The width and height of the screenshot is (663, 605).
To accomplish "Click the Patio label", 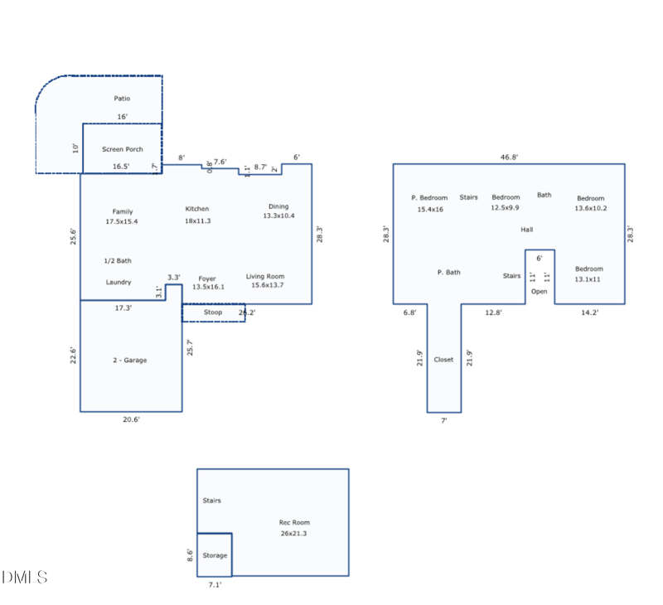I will pyautogui.click(x=122, y=99).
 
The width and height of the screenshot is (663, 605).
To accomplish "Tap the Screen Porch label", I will pyautogui.click(x=123, y=149).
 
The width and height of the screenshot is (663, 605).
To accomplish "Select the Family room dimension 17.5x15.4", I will pyautogui.click(x=122, y=222).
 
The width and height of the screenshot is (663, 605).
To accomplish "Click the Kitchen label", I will pyautogui.click(x=197, y=209).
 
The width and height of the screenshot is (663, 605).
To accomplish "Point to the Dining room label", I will pyautogui.click(x=278, y=206).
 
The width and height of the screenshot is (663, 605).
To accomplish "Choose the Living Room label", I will pyautogui.click(x=265, y=276).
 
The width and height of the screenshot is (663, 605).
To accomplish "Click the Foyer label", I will pyautogui.click(x=207, y=278).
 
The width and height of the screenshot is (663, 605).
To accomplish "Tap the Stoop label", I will pyautogui.click(x=213, y=312).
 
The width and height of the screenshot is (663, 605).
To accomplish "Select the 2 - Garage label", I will pyautogui.click(x=130, y=361).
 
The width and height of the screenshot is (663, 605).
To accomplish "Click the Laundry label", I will pyautogui.click(x=119, y=283).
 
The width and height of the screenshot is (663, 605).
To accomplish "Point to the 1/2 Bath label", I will pyautogui.click(x=118, y=261).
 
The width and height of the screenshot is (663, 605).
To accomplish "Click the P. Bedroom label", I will pyautogui.click(x=429, y=198).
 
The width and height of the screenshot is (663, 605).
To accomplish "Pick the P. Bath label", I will pyautogui.click(x=449, y=273).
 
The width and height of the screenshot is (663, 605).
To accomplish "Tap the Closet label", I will pyautogui.click(x=444, y=360).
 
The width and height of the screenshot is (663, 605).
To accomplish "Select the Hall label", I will pyautogui.click(x=527, y=230).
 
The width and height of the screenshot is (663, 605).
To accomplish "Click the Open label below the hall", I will pyautogui.click(x=540, y=292).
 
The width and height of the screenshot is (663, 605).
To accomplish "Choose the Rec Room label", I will pyautogui.click(x=294, y=522).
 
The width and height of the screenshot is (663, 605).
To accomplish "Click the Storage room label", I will pyautogui.click(x=215, y=555).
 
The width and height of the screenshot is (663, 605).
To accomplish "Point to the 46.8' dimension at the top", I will pyautogui.click(x=509, y=157).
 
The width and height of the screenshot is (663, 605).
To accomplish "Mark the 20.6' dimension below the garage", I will pyautogui.click(x=131, y=420).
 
